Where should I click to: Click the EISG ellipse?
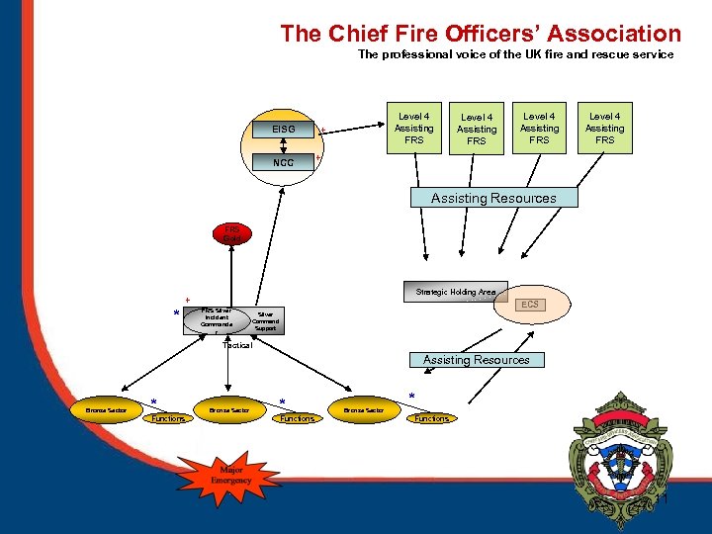point(283,130)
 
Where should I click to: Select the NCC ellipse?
point(283,162)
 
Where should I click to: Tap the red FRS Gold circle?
point(230,234)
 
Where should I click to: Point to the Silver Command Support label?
point(265,320)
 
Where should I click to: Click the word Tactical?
point(237,345)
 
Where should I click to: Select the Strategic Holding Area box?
point(455,292)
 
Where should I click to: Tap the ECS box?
point(530,305)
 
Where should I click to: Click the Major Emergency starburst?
point(230,475)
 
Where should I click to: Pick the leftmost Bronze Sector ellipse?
point(106,409)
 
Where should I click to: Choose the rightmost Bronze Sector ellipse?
point(363,409)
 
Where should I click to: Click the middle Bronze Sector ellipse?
point(229,409)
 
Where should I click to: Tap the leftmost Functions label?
point(168,418)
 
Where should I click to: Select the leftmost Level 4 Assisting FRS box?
point(413,129)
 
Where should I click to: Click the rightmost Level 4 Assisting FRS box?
point(604,129)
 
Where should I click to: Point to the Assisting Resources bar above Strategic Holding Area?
point(492,198)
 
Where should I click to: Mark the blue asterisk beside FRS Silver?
point(176,314)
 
